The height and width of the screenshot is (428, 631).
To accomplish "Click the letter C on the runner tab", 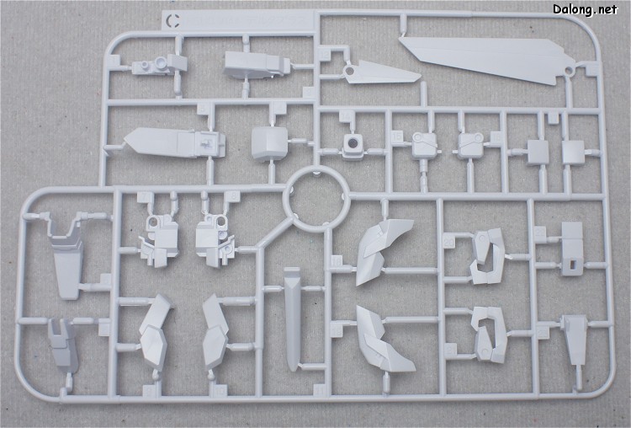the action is pyautogui.click(x=174, y=20).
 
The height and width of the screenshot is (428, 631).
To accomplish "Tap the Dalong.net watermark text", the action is pyautogui.click(x=585, y=9).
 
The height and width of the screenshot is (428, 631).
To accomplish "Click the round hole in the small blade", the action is pyautogui.click(x=349, y=72).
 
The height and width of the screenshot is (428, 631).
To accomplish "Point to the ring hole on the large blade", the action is pyautogui.click(x=568, y=72).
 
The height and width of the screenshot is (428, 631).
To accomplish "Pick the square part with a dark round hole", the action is pyautogui.click(x=353, y=147).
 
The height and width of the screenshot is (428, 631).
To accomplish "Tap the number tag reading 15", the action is pyautogui.click(x=397, y=136).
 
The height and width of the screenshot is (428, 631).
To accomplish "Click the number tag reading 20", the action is pyautogui.click(x=448, y=242).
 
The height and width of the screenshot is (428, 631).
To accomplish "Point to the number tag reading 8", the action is pyautogui.click(x=233, y=196).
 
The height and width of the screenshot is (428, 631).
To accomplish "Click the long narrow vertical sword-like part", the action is pyautogui.click(x=292, y=318).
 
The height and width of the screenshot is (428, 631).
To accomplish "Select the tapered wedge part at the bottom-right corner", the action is pyautogui.click(x=575, y=340).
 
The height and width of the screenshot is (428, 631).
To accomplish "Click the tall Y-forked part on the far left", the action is pyautogui.click(x=66, y=258).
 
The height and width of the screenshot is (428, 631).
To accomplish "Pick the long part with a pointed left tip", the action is pyautogui.click(x=174, y=143).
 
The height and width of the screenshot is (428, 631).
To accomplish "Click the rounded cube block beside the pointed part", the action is pyautogui.click(x=269, y=143).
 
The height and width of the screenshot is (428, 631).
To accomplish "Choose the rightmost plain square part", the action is pyautogui.click(x=573, y=152).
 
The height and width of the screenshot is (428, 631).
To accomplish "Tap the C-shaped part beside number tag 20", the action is pyautogui.click(x=488, y=256).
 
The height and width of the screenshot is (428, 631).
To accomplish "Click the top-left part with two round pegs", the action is pyautogui.click(x=160, y=65).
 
